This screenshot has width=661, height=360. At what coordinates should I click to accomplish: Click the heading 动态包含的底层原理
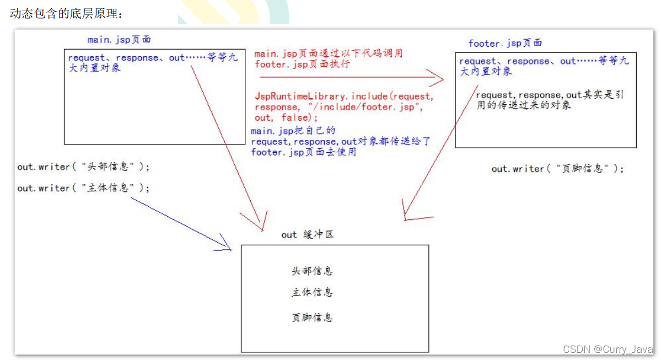point(65,14)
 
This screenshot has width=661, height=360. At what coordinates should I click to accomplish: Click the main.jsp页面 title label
point(119,40)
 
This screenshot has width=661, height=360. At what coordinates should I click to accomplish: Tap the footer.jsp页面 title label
point(505,43)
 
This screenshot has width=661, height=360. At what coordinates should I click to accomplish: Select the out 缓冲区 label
point(307,235)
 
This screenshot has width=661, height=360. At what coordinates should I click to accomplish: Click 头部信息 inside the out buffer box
point(312,271)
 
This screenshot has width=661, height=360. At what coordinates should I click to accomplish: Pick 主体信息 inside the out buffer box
point(312,292)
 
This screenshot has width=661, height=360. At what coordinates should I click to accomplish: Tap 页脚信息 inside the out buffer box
point(312,318)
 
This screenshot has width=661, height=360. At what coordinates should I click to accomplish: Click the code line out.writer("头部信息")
point(83,166)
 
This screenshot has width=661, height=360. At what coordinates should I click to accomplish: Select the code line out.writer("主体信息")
point(83,188)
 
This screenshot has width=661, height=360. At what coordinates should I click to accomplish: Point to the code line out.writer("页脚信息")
point(558,169)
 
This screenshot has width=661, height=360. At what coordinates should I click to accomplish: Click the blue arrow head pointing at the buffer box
point(226,244)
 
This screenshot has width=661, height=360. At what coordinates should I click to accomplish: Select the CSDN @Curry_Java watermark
point(608,350)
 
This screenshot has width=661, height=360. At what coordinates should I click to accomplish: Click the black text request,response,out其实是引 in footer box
point(550,95)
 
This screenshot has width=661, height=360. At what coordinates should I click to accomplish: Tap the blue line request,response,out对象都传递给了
point(341,142)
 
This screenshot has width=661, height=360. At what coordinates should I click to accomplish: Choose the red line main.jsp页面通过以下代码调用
point(329,54)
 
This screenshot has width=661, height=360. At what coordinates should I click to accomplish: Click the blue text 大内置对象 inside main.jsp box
point(94,68)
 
